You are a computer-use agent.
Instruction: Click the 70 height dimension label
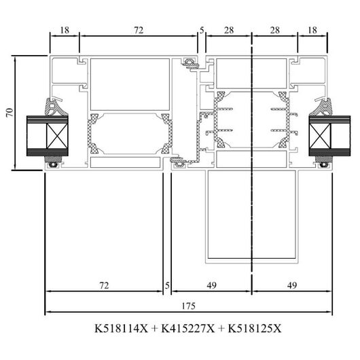click(10, 113)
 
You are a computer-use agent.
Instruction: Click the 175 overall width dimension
click(189, 306)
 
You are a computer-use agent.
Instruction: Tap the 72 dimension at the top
click(139, 30)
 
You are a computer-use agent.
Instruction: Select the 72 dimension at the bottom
click(104, 285)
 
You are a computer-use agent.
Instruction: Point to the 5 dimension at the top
click(202, 31)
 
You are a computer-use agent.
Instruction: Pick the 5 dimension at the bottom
click(167, 285)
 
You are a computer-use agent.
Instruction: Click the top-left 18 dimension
click(65, 30)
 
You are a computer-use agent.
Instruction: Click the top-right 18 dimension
click(312, 30)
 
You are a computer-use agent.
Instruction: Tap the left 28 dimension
click(229, 30)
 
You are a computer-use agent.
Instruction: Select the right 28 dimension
click(275, 30)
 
